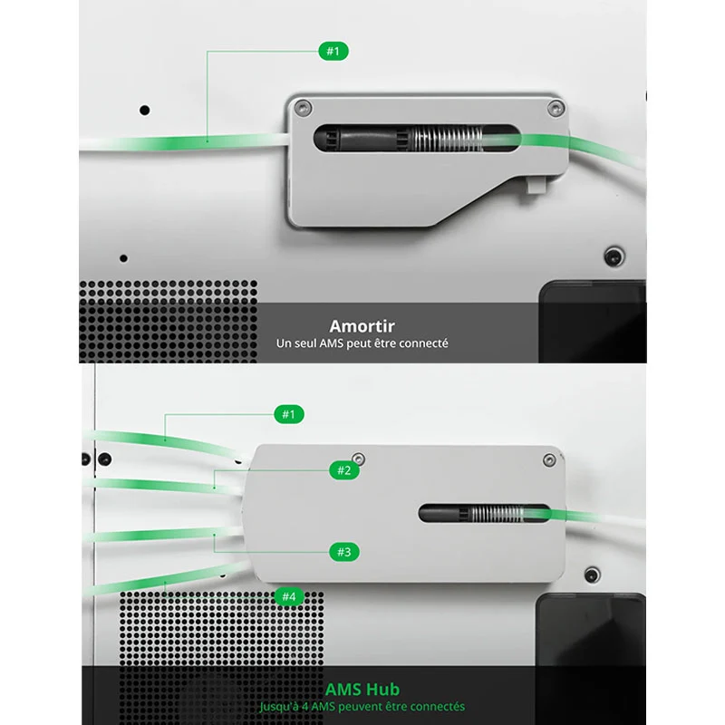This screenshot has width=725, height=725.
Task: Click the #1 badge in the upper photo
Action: click(x=333, y=51)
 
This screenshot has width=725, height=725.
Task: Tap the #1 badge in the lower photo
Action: click(x=289, y=414)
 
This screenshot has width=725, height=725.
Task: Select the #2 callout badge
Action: click(x=344, y=470)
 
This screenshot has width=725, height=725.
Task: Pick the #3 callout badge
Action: click(x=344, y=552)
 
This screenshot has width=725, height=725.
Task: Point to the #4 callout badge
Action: click(x=289, y=596)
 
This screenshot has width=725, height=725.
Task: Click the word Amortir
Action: click(x=362, y=326)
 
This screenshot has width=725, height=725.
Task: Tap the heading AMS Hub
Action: click(x=362, y=690)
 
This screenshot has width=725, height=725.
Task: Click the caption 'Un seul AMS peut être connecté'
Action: click(x=362, y=343)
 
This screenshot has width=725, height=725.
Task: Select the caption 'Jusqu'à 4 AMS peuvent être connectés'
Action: click(x=362, y=707)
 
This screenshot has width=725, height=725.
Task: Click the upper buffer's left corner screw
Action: click(x=303, y=108)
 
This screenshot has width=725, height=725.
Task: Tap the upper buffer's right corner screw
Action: click(x=556, y=109)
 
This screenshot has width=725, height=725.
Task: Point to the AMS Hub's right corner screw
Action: click(x=549, y=460)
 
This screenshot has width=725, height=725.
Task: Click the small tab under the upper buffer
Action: click(x=536, y=184)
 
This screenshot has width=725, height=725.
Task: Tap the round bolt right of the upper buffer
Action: click(x=614, y=256)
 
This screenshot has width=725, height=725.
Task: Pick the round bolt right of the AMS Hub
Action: click(x=593, y=575)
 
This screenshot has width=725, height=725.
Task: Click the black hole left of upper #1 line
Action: click(x=145, y=110)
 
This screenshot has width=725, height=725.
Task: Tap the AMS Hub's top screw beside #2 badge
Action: click(x=358, y=459)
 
